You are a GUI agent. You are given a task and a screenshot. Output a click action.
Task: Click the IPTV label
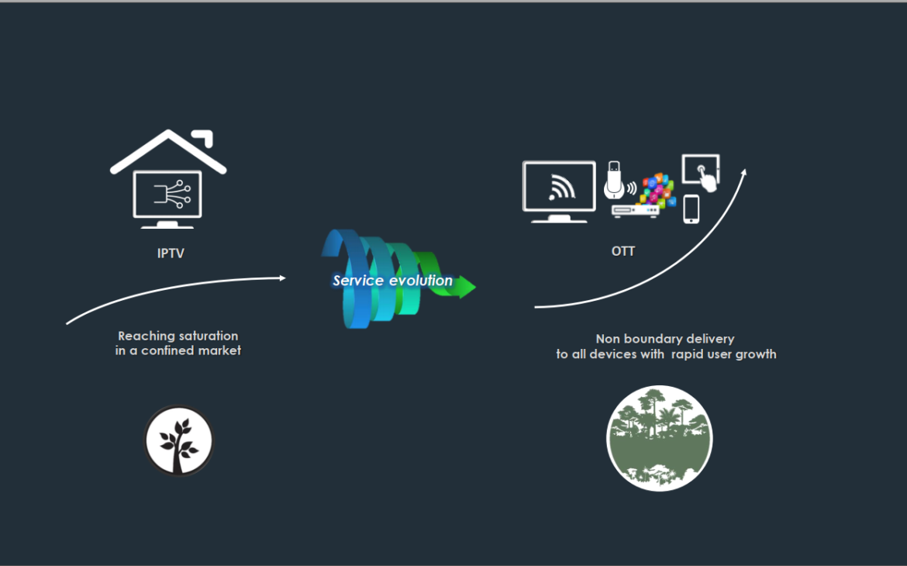click(x=171, y=254)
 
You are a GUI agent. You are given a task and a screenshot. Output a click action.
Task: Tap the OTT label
click(x=623, y=251)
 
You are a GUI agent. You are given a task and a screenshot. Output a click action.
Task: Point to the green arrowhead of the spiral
click(x=465, y=286)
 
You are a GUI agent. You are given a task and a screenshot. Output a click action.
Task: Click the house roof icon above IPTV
click(x=168, y=151)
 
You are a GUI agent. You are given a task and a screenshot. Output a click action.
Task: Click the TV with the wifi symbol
click(x=559, y=192)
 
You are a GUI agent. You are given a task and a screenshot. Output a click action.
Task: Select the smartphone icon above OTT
click(x=691, y=209)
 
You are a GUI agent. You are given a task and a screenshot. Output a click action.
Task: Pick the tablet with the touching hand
click(x=701, y=172)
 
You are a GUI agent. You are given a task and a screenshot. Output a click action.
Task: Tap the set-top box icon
click(x=635, y=211)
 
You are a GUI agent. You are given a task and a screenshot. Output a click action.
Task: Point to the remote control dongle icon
click(x=614, y=180)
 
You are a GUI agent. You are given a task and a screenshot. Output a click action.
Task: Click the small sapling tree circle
click(x=179, y=440)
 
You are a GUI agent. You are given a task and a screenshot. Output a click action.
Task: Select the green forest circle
click(x=660, y=438)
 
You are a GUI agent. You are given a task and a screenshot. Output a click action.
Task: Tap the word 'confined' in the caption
click(x=167, y=350)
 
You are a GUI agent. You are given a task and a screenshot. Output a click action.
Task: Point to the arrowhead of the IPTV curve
click(x=282, y=278)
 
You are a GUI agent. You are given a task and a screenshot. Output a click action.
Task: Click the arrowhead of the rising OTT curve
click(x=744, y=172)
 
